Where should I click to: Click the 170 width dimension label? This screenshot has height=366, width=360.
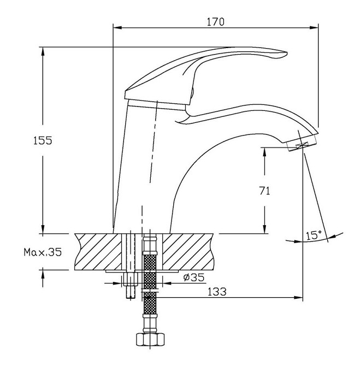coord(215,22)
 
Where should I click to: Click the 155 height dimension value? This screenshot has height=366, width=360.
coord(43,140)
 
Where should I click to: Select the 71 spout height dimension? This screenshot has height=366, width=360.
coord(264,191)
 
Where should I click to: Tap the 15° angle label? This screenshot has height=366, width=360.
coord(314,235)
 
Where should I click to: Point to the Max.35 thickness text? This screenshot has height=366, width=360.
coord(43,252)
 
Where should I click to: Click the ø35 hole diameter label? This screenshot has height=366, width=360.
coord(194,277)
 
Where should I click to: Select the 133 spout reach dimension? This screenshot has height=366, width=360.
coord(217,292)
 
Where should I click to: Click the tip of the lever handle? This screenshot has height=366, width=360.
coord(287,53)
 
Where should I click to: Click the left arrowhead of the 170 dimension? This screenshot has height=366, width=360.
coord(117,27)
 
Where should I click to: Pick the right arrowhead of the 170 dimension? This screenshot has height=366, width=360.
coord(314,27)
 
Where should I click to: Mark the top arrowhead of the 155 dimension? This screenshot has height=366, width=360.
coord(43,51)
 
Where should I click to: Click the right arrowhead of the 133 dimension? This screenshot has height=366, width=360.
coord(298,298)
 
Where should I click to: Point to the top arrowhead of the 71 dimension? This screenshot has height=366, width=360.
coord(264,152)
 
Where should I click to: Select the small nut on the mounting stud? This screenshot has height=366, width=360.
coord(131,279)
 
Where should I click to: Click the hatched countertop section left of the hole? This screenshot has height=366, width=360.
coord(98,252)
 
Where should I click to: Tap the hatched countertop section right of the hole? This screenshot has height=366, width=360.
coord(188,252)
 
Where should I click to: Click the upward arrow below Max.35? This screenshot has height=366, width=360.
coord(43,278)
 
